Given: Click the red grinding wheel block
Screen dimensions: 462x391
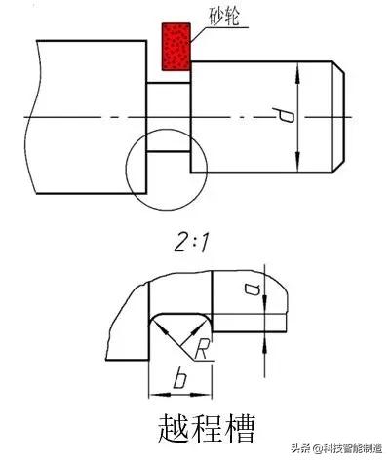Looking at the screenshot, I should [x=175, y=43].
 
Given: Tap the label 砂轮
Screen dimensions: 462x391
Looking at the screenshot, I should [x=224, y=18].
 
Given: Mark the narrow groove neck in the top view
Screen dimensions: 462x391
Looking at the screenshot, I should [x=168, y=116].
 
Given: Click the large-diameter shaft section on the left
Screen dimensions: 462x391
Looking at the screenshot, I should [x=88, y=116].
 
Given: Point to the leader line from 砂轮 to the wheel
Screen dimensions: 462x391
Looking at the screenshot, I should [x=200, y=32].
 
